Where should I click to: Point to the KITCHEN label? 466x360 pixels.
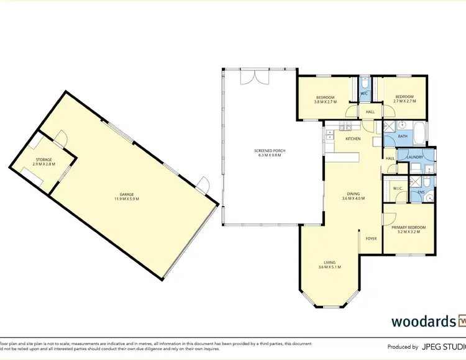coord(353,138)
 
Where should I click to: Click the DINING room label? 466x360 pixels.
coord(353,194)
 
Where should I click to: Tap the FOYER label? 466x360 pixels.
coord(372,238)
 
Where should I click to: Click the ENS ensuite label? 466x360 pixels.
coord(421,192)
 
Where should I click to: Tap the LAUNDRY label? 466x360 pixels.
coord(414,157)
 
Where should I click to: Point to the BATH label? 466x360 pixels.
coord(403,136)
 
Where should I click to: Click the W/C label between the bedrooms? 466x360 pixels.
coord(365,94)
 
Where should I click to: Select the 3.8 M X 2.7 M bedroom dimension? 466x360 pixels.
coord(326,102)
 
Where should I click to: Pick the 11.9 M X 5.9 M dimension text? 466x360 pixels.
coord(126,199)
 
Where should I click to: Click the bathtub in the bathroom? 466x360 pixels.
coord(420,132)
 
